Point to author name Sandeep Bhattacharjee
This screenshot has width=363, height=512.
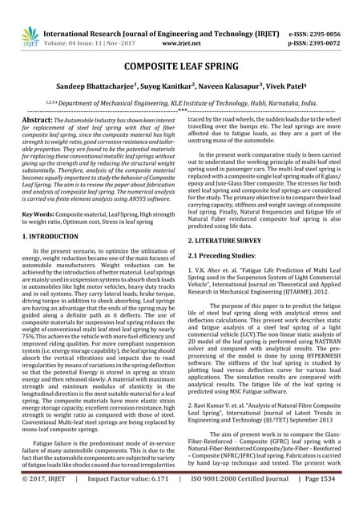[85, 86]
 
